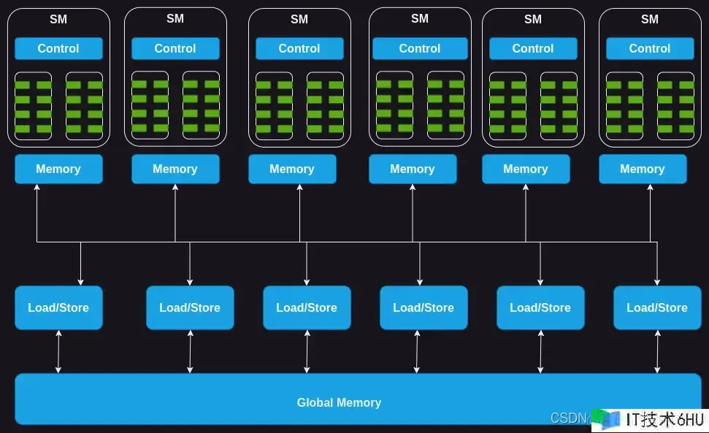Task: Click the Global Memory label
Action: click(x=339, y=402)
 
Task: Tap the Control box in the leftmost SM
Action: click(x=58, y=48)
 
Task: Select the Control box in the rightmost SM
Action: click(x=650, y=48)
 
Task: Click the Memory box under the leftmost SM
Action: click(x=58, y=169)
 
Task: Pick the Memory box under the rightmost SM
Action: click(x=643, y=169)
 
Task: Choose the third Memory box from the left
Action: click(x=292, y=169)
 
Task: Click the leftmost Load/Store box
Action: click(x=58, y=307)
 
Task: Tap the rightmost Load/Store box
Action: click(x=657, y=307)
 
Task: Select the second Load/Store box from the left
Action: click(x=190, y=307)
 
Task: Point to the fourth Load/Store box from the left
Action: click(x=424, y=307)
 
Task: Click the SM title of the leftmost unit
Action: click(x=58, y=19)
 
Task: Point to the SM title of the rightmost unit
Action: click(x=650, y=19)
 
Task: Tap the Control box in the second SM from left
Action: click(x=175, y=48)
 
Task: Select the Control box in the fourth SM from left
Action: click(x=420, y=48)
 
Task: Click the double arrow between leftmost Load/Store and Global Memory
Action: click(x=58, y=351)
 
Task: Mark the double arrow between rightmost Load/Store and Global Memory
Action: click(x=657, y=351)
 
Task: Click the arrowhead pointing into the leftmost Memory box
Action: click(x=37, y=188)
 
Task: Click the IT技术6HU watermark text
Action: click(x=664, y=419)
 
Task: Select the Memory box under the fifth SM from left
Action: click(x=526, y=169)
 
